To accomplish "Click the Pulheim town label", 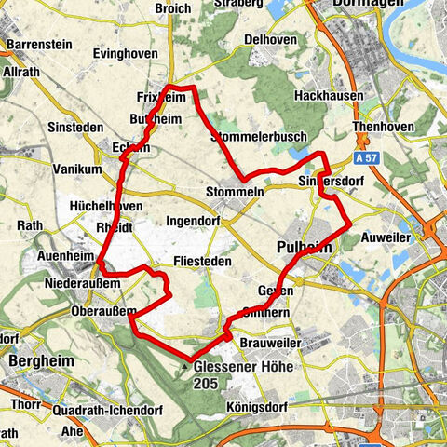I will coord(305,247).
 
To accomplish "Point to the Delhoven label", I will coord(268,40).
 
